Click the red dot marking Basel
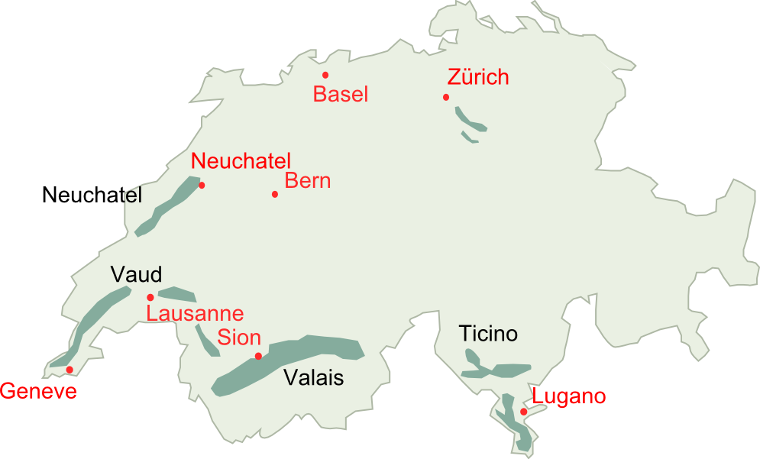coord(325,75)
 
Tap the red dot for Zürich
coord(446,97)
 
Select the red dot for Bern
coord(275,194)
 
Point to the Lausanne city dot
coord(150,297)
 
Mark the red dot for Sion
coord(258,356)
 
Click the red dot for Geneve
coord(70,370)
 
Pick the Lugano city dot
coord(523,412)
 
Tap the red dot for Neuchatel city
coord(202,185)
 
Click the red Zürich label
coord(478,77)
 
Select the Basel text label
coord(341,95)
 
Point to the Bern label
coord(308,181)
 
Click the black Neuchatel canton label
coord(92,196)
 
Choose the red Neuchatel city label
coord(241,161)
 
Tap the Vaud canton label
coord(136,274)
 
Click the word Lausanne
coord(196,314)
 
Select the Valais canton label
coord(314,377)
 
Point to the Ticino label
coord(488,334)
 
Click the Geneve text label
coord(38,392)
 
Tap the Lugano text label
coord(569,396)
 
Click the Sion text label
coord(239,338)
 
